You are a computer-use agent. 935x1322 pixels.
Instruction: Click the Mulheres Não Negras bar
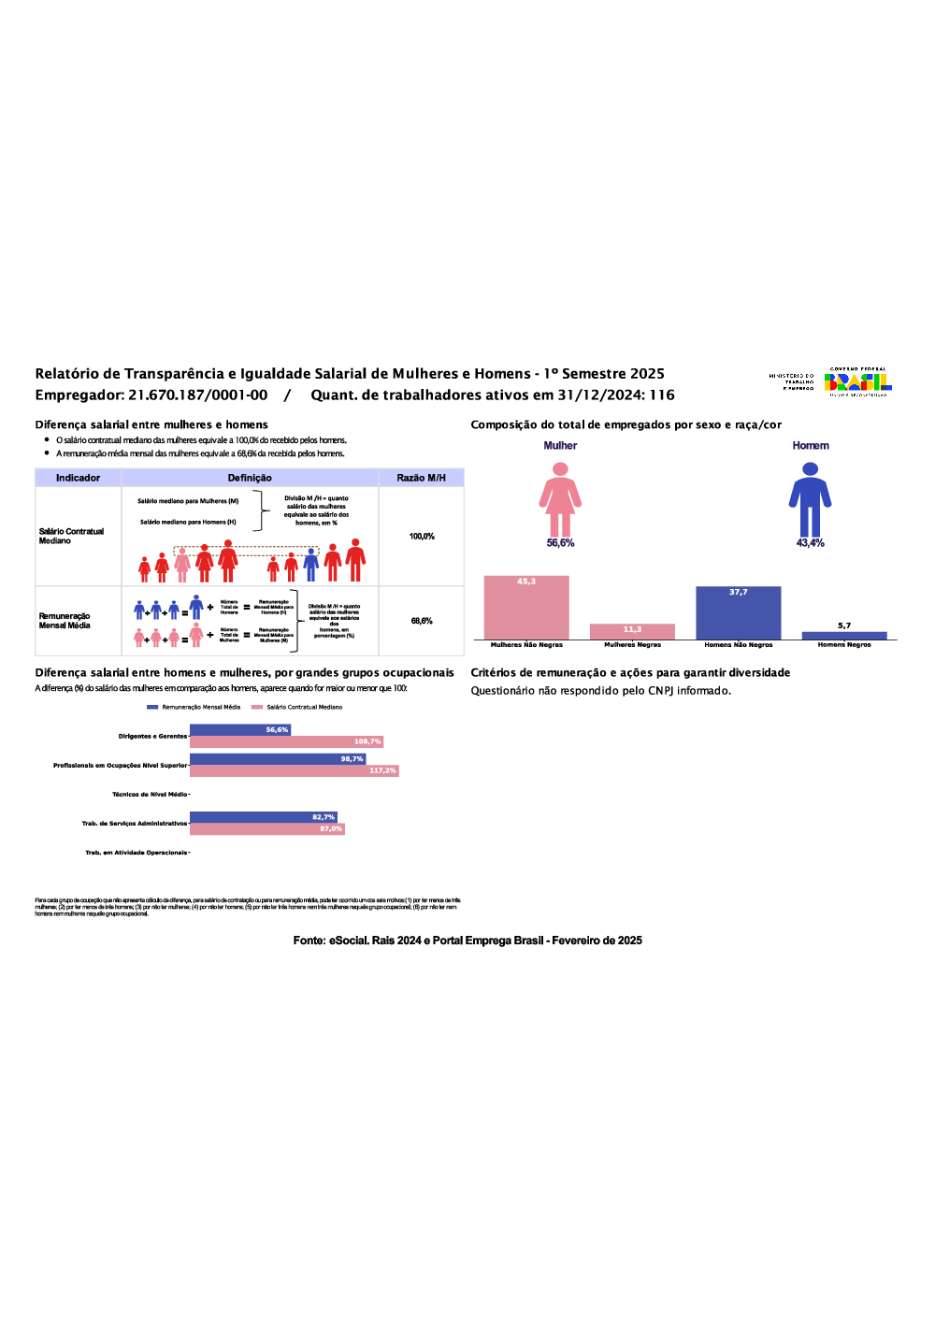526,608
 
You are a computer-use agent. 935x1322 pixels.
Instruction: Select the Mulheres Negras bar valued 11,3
632,632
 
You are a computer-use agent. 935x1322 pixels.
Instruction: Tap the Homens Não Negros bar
738,613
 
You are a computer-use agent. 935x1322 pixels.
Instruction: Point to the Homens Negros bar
844,636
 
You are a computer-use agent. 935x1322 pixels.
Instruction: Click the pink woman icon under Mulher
560,499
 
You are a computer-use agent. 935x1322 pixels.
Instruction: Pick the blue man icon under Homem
810,499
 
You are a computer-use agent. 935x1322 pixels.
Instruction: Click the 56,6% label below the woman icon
560,543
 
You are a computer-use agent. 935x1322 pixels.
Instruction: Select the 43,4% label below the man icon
810,543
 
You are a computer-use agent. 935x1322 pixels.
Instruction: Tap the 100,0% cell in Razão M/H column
422,537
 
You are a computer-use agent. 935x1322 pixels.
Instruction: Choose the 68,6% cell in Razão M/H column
422,621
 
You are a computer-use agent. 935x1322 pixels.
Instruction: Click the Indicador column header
78,478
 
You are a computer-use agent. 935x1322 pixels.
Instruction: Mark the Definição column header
250,478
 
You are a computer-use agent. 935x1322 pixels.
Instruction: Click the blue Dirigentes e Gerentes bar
240,730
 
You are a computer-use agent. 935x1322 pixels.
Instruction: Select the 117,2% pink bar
294,771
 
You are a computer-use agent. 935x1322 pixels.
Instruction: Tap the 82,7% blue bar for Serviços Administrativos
263,817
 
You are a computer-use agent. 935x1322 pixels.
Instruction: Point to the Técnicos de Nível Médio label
150,795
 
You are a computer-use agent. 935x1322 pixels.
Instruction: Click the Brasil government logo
857,381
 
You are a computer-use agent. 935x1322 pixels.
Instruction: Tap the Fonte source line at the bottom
467,941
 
